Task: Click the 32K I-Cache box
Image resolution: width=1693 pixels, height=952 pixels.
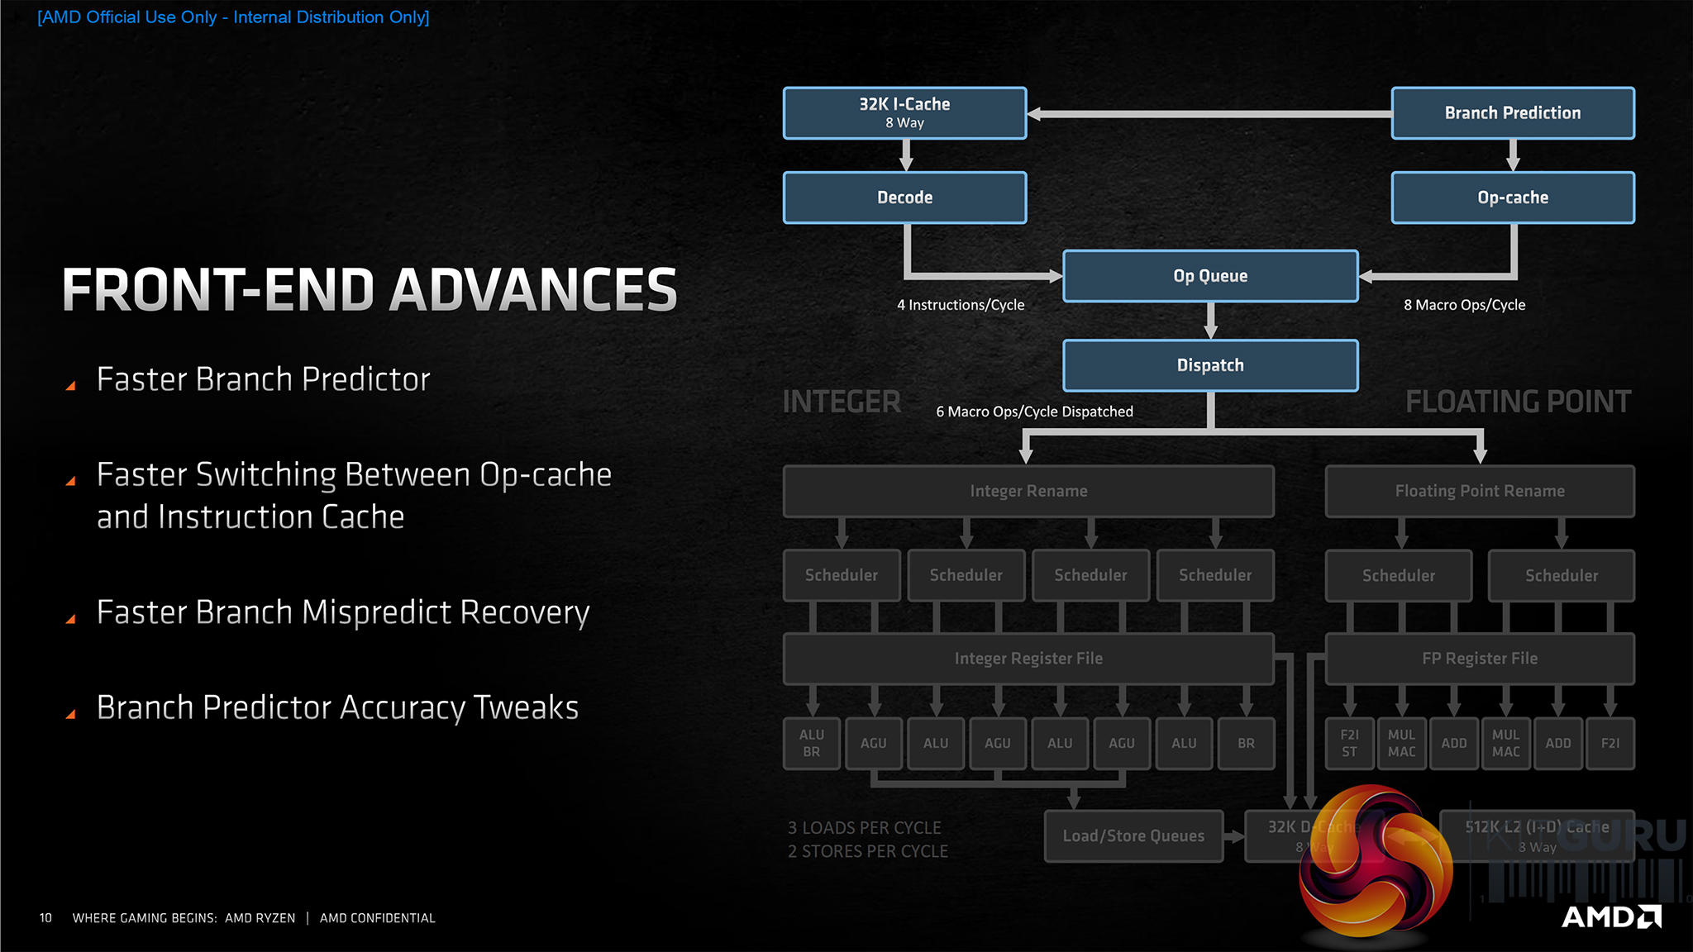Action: click(x=904, y=113)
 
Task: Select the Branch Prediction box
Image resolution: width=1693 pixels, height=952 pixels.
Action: click(x=1512, y=113)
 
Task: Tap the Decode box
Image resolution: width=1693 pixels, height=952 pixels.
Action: click(x=904, y=198)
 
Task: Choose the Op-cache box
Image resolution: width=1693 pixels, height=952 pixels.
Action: click(x=1512, y=198)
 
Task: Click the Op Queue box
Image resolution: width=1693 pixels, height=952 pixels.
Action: click(x=1210, y=276)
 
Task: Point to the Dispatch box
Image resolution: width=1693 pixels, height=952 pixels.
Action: click(x=1210, y=365)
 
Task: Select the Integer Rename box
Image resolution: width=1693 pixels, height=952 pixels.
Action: click(x=1028, y=491)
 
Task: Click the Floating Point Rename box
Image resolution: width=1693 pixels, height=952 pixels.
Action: click(x=1480, y=491)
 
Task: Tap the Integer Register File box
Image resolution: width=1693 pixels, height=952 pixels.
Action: click(x=1028, y=659)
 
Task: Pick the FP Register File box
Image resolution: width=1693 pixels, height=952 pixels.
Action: click(x=1480, y=659)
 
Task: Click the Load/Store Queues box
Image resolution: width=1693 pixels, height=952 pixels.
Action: click(x=1133, y=835)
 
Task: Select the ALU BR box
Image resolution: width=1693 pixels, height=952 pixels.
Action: click(x=812, y=743)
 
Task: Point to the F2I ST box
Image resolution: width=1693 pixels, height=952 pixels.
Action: click(x=1349, y=743)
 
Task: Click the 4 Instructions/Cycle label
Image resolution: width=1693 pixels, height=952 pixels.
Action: click(x=961, y=305)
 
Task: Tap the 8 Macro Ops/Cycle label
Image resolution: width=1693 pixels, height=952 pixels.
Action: click(x=1464, y=305)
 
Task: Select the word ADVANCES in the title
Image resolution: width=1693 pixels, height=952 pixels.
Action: click(x=533, y=290)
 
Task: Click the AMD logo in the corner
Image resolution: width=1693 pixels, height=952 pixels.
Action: click(x=1611, y=916)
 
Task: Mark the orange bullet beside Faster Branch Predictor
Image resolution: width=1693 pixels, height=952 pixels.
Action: click(x=71, y=386)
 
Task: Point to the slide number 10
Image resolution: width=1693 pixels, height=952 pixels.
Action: click(x=45, y=918)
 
